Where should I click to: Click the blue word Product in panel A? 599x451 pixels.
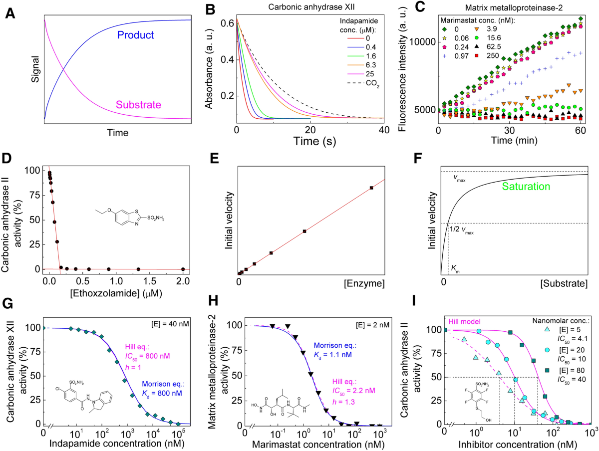(x=135, y=35)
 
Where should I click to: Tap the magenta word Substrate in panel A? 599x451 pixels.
(x=139, y=105)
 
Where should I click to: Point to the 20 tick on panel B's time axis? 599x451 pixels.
(x=310, y=130)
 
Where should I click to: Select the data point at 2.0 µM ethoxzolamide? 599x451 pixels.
(x=183, y=269)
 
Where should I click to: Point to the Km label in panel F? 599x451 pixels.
(x=455, y=267)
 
